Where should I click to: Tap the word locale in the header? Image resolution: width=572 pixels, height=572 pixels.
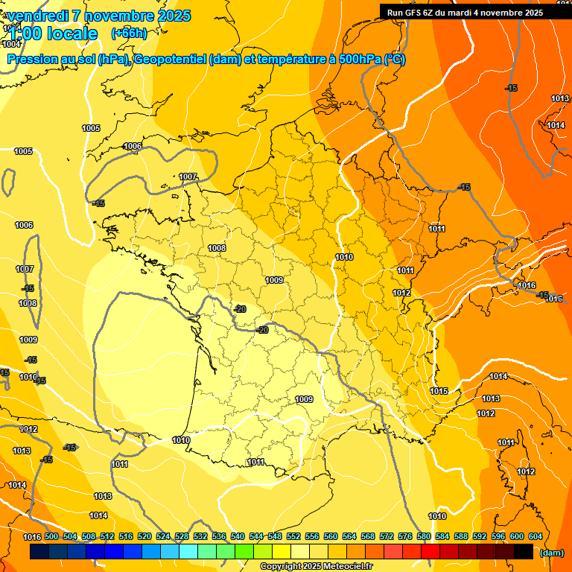pyautogui.click(x=72, y=34)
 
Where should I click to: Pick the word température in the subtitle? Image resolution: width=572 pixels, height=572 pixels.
pyautogui.click(x=293, y=60)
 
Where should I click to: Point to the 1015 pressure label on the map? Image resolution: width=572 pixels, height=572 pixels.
pyautogui.click(x=439, y=391)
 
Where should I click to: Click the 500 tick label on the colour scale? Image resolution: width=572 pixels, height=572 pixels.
pyautogui.click(x=51, y=536)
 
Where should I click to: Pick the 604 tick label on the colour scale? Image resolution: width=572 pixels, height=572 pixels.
pyautogui.click(x=536, y=536)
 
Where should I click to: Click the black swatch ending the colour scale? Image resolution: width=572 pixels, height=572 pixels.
pyautogui.click(x=524, y=552)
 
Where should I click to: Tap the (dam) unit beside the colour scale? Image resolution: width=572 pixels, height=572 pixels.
pyautogui.click(x=551, y=552)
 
